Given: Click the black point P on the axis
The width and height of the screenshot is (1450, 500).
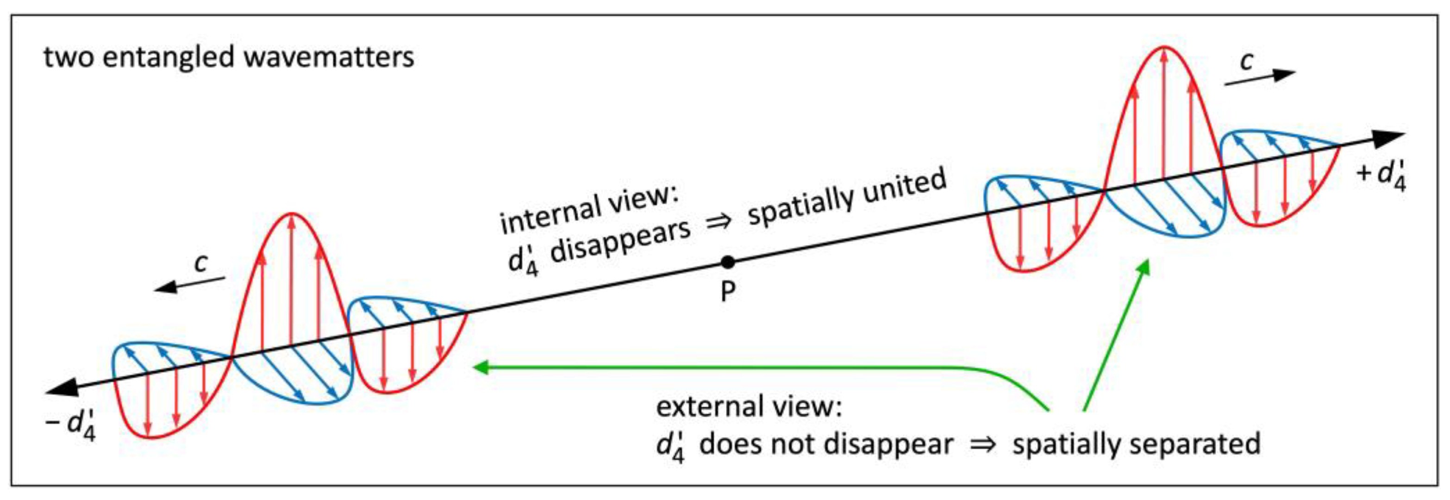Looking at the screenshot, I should click(728, 262).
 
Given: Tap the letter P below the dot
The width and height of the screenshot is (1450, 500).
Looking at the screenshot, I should click(728, 292).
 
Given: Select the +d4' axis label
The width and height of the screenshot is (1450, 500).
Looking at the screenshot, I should click(1382, 175).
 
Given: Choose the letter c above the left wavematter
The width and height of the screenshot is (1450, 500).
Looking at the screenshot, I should click(200, 262).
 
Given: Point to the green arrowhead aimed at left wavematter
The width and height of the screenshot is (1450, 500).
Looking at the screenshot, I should click(482, 367).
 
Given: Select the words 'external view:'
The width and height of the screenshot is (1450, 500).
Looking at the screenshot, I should click(749, 406).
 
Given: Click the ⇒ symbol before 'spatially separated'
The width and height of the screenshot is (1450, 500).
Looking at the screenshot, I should click(982, 445).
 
